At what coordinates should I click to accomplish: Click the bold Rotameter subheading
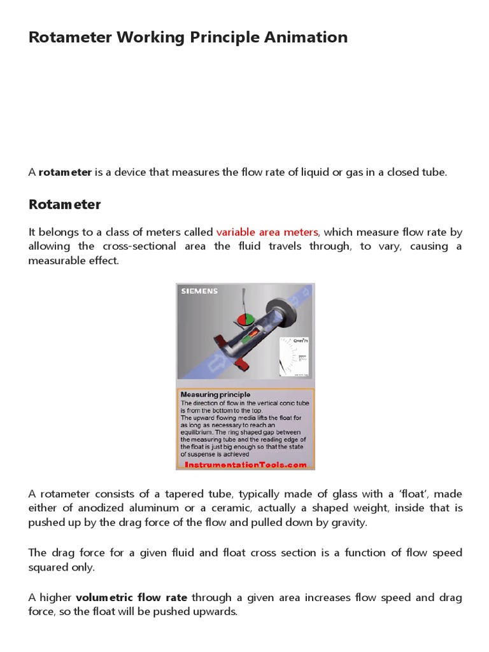(65, 204)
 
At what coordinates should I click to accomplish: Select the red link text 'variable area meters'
(267, 232)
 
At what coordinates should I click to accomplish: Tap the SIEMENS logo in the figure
(199, 291)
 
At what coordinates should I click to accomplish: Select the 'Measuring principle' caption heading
(215, 395)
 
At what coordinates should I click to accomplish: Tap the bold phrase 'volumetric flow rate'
(132, 598)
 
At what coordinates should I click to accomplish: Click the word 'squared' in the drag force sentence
(50, 567)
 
